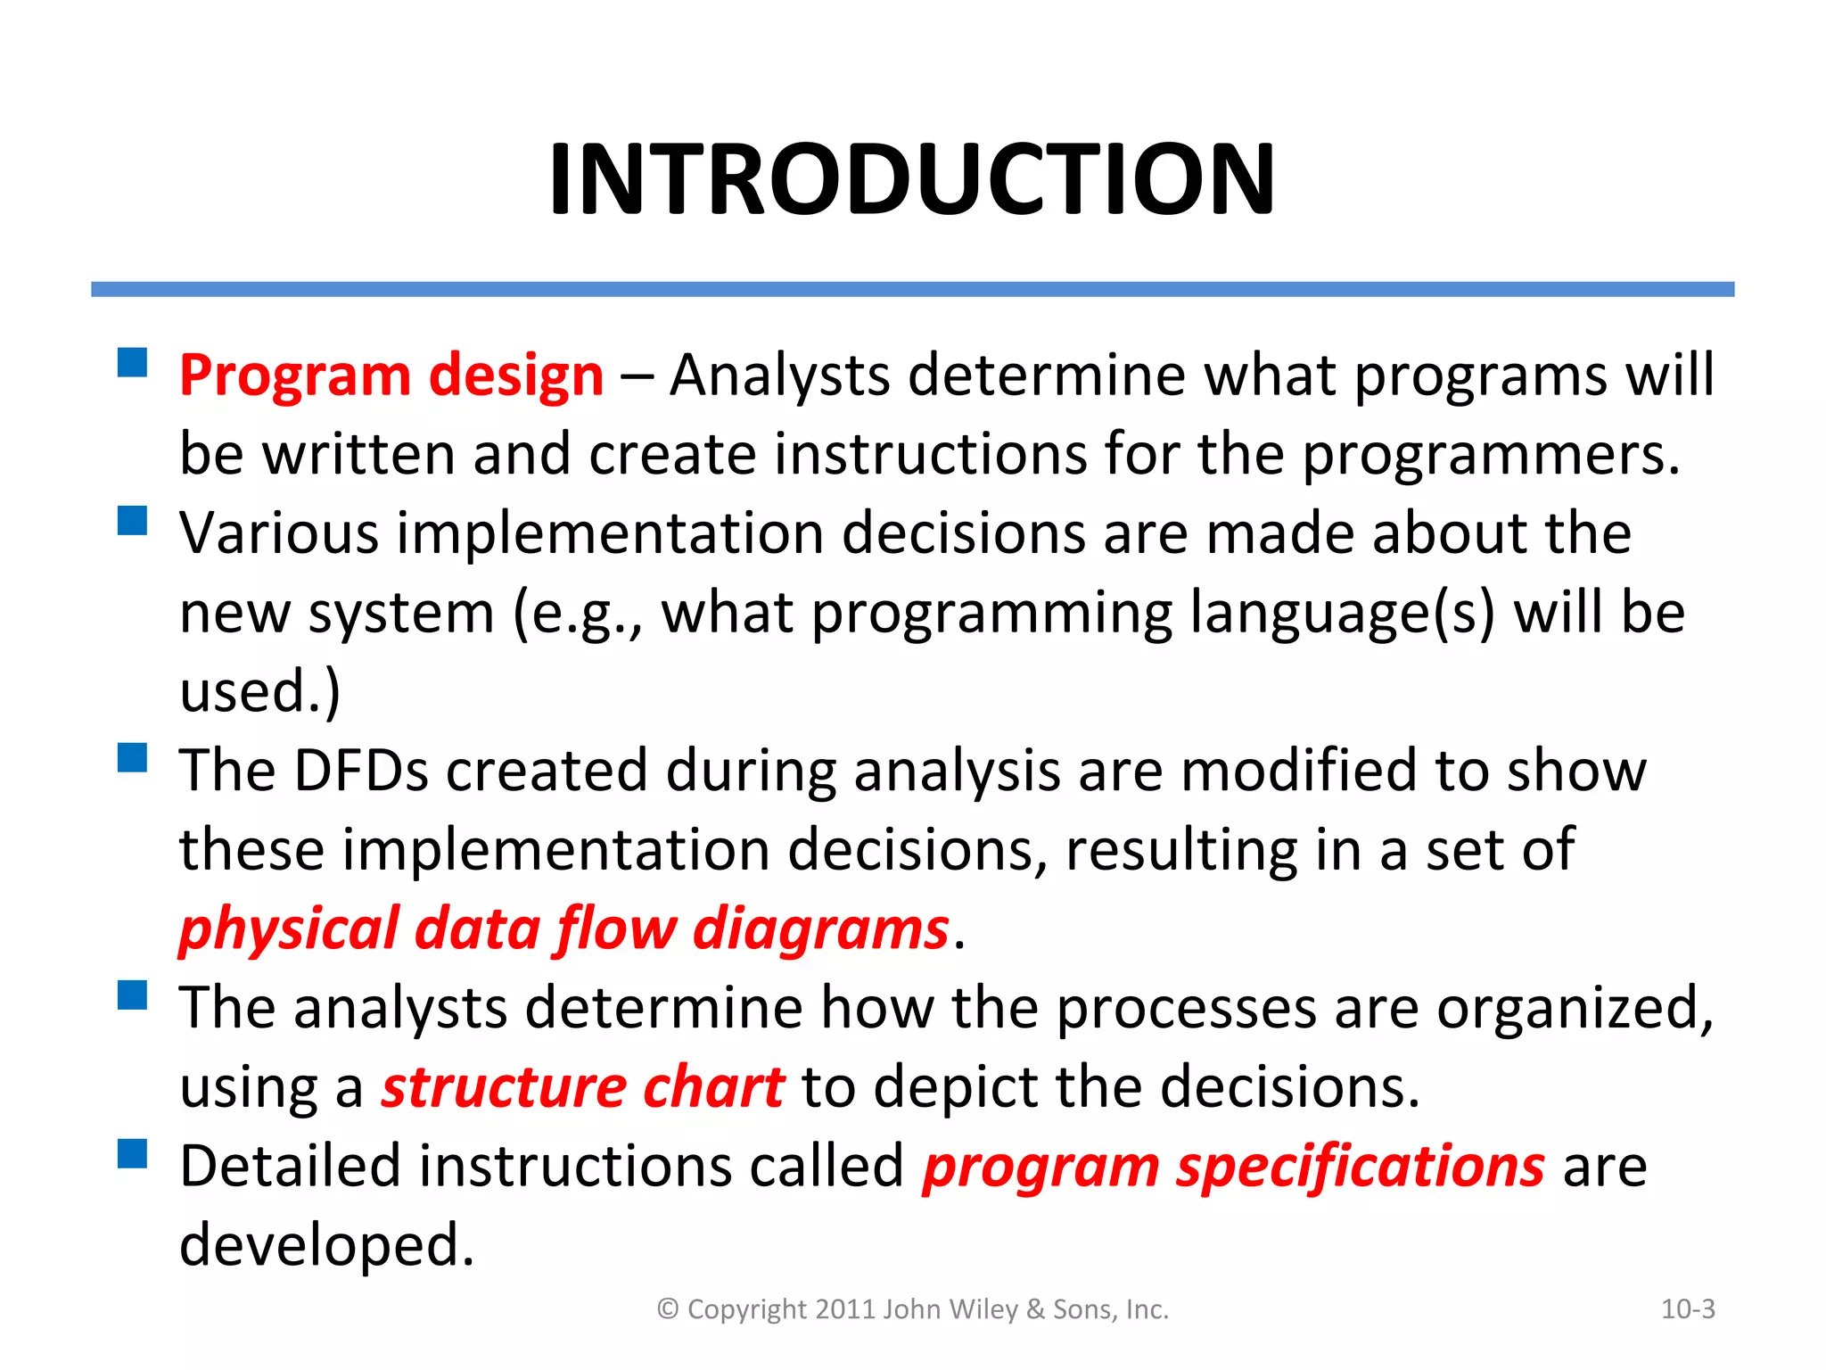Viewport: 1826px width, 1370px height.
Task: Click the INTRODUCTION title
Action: (912, 179)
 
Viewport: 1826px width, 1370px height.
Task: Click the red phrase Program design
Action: (391, 375)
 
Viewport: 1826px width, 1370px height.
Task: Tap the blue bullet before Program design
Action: (132, 363)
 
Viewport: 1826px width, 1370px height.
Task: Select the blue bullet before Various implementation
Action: (132, 520)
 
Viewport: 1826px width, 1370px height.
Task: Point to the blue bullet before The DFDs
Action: (132, 758)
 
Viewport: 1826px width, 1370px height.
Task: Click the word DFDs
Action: (361, 771)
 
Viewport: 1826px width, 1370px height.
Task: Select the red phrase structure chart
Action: (583, 1087)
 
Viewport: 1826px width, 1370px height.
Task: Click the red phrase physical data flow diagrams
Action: (563, 929)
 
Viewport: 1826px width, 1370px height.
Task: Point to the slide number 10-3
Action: (1688, 1309)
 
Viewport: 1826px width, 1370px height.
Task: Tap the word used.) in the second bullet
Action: (259, 692)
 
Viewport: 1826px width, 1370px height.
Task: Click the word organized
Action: (1574, 1009)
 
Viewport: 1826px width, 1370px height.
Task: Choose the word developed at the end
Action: (325, 1245)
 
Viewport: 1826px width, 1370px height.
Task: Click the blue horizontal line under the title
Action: (912, 289)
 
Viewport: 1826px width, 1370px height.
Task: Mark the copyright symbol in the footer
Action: (668, 1309)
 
